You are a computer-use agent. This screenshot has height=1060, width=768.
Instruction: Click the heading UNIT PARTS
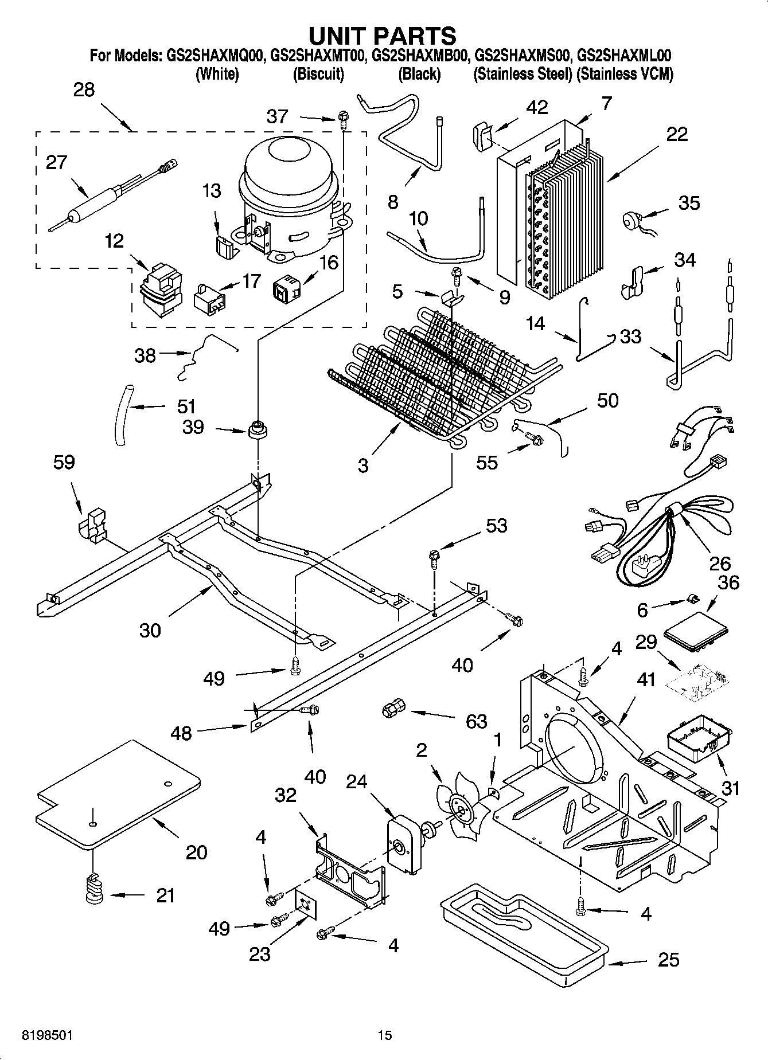click(383, 36)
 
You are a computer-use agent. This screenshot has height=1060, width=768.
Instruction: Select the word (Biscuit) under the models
click(318, 74)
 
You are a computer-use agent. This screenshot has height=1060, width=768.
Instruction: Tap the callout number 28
click(84, 90)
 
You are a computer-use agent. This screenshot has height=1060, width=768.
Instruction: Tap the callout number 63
click(476, 721)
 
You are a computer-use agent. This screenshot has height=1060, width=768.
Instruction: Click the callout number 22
click(677, 134)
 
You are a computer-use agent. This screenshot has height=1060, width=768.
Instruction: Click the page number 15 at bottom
click(384, 1035)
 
